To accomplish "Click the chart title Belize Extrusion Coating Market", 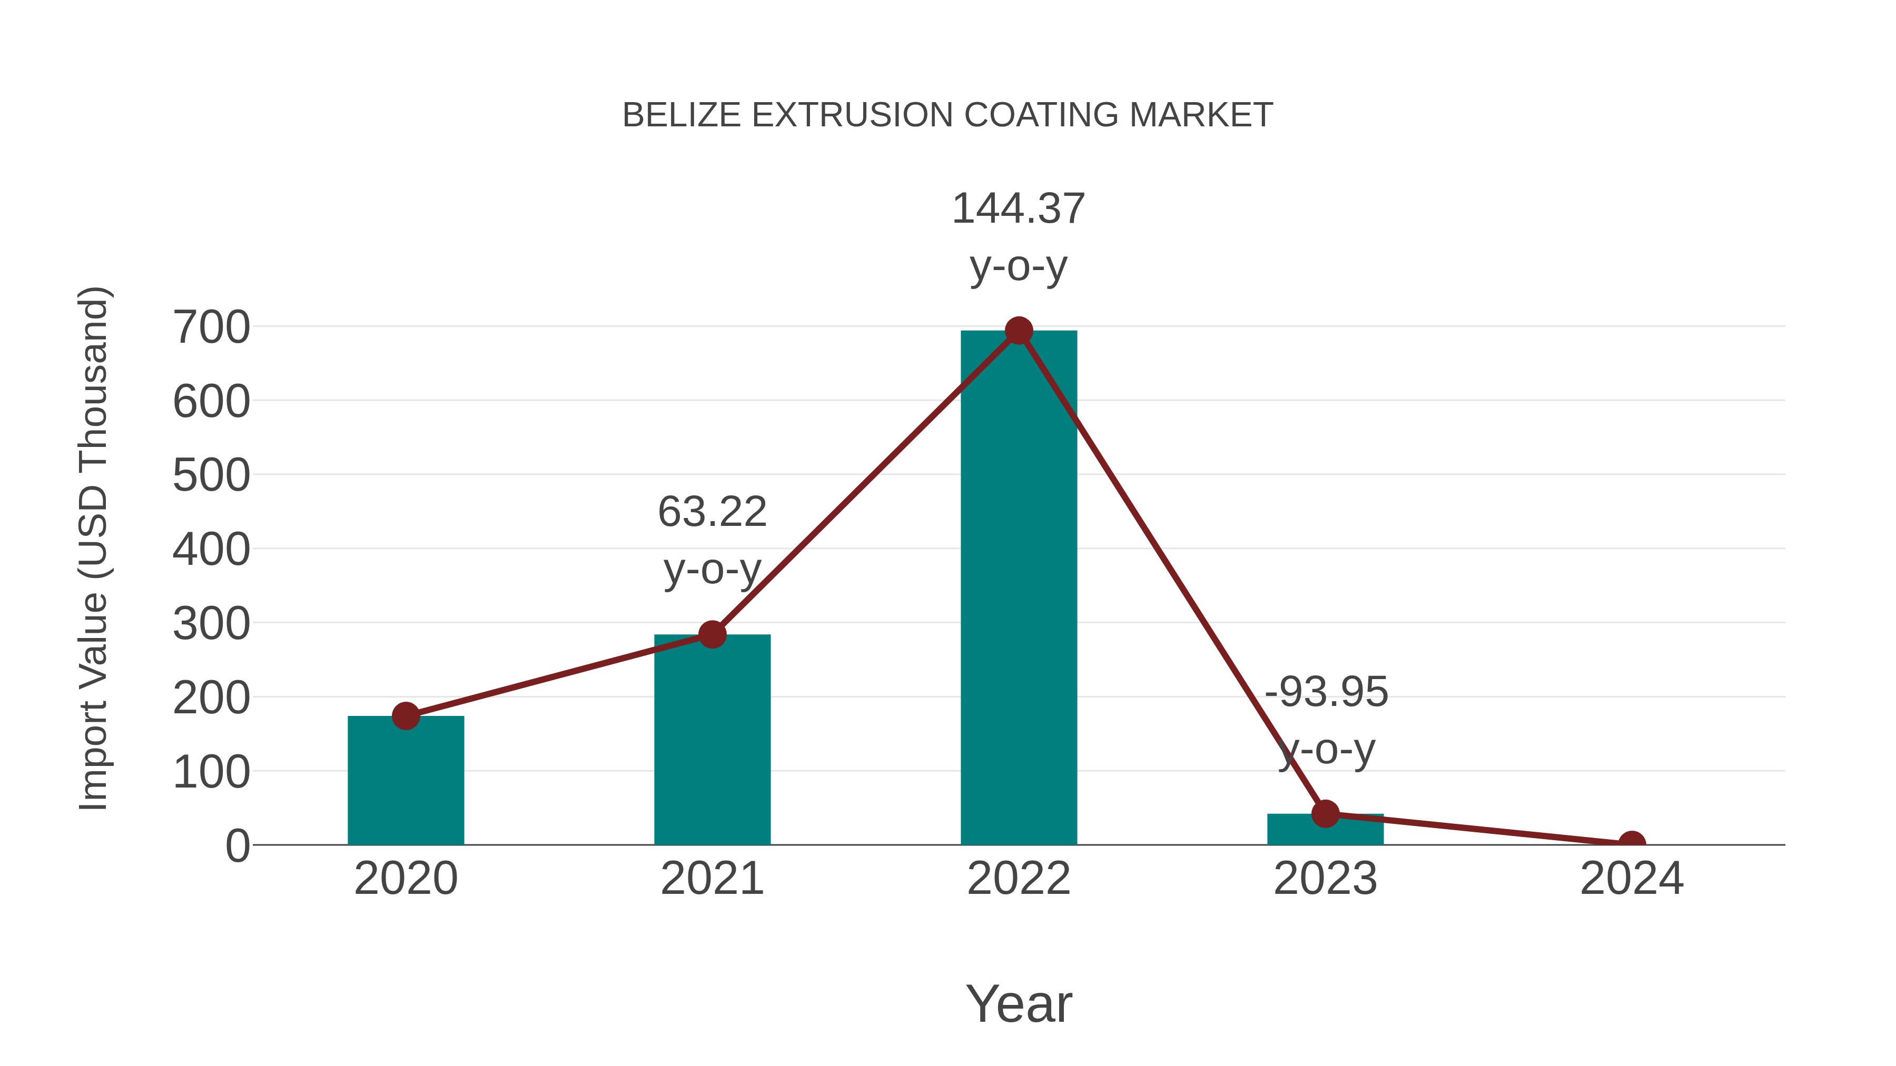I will coord(947,115).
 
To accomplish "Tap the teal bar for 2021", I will coord(712,743).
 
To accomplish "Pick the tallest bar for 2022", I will coord(1019,589).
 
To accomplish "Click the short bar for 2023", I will coord(1325,831).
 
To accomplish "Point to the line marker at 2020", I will coord(406,716).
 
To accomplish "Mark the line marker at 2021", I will coord(712,634).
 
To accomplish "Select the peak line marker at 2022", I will coord(1019,331).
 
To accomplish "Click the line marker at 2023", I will coord(1325,814).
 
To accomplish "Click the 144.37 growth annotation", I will coord(1019,209).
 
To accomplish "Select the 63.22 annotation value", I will coord(712,512).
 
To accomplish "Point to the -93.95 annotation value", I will coord(1326,692).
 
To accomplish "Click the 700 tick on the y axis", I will coord(211,327).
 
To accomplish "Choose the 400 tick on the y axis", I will coord(211,550).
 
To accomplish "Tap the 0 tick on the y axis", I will coord(237,846).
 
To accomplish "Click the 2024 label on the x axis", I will coord(1632,879).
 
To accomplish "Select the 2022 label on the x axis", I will coord(1019,879).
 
